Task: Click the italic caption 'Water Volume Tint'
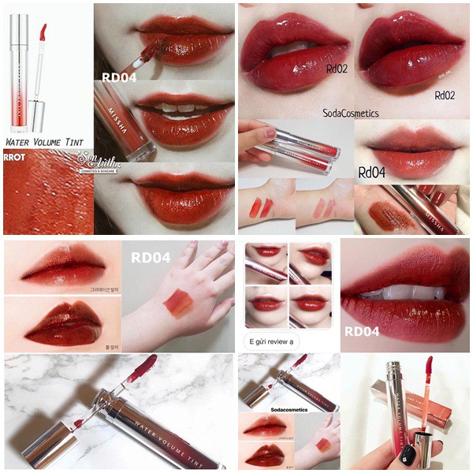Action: [x=44, y=142]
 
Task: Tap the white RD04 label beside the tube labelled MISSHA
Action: [x=115, y=77]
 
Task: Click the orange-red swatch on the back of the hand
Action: [x=178, y=304]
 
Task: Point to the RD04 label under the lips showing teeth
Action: [x=361, y=331]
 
